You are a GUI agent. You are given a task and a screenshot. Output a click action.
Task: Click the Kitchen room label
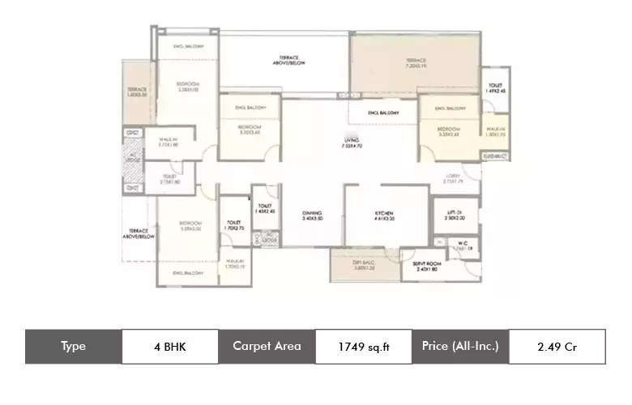[x=384, y=216]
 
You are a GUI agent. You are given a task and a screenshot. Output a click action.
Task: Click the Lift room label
[x=455, y=216]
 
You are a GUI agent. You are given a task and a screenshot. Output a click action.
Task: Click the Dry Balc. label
[x=357, y=266]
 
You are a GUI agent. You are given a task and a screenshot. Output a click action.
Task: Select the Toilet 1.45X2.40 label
[x=265, y=208]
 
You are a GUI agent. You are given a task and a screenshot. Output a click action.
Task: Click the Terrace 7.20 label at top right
[x=416, y=64]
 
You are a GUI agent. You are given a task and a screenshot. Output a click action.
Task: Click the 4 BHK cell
[x=170, y=347]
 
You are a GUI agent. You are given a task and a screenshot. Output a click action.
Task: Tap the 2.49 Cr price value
[x=557, y=347]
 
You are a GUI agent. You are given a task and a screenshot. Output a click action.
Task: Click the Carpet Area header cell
[x=267, y=346]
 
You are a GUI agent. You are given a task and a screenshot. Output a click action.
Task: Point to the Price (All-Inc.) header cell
[x=459, y=346]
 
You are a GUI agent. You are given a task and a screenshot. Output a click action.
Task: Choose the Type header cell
[x=73, y=346]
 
